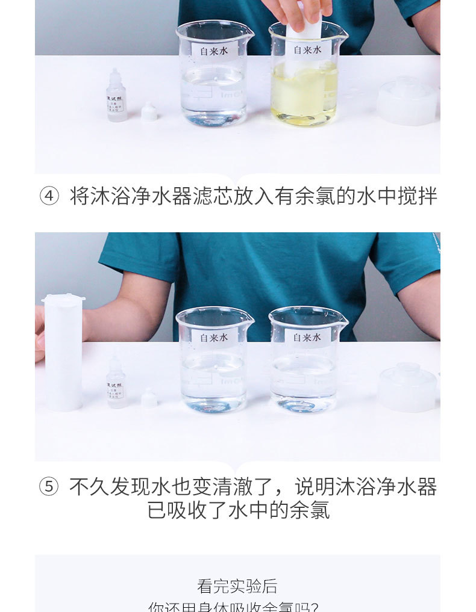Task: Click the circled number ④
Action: click(49, 197)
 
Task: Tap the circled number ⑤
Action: click(49, 487)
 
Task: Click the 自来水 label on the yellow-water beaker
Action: click(307, 50)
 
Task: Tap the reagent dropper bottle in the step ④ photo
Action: click(116, 96)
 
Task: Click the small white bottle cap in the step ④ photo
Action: click(149, 113)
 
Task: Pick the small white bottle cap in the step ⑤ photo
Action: click(149, 398)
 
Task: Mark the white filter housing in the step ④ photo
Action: click(407, 101)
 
